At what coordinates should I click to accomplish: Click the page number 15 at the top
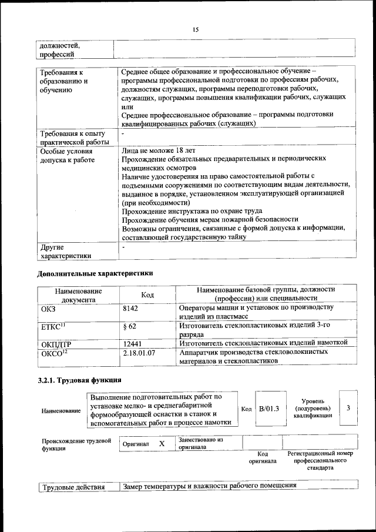[195, 29]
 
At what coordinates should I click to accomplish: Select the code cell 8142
[132, 308]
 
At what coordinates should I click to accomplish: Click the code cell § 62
[130, 326]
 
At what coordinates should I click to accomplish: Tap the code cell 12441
[133, 343]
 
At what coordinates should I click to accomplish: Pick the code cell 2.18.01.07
[139, 352]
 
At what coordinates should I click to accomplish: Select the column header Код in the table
[148, 295]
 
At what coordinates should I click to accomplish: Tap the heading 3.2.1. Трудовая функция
[79, 380]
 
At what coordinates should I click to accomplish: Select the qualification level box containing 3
[348, 407]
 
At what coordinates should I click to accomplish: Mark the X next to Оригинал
[162, 443]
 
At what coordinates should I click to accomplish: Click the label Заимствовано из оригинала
[201, 443]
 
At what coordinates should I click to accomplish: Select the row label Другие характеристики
[65, 252]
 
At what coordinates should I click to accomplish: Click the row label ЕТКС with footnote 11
[53, 326]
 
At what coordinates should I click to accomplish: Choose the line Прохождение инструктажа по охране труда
[192, 211]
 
